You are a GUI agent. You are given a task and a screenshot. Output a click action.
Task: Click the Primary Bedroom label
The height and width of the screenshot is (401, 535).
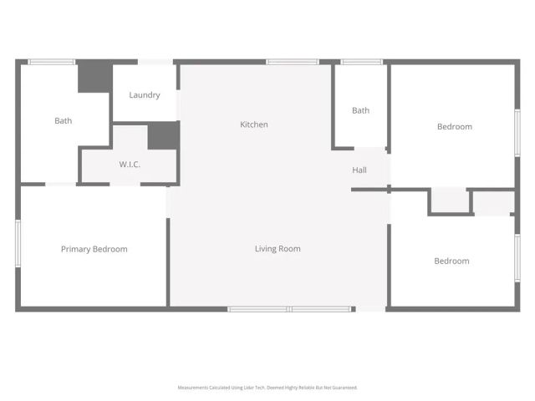[x=94, y=249]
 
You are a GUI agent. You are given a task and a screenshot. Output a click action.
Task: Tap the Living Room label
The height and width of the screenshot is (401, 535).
[x=278, y=249]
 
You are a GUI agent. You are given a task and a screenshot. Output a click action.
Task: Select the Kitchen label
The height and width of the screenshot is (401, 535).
[x=254, y=124]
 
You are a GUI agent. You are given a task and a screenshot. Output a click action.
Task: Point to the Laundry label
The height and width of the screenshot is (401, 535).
[x=145, y=95]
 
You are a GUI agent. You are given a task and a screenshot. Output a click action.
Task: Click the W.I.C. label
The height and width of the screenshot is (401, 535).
[x=130, y=165]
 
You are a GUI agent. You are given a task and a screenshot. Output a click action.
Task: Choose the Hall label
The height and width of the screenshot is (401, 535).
[x=359, y=170]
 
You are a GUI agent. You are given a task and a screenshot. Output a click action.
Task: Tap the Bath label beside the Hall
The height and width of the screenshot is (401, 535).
[x=360, y=111]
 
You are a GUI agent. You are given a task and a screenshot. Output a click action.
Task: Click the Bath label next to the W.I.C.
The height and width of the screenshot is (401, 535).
[x=64, y=121]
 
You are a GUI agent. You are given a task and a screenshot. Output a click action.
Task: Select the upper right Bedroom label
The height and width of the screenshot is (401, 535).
[x=455, y=127]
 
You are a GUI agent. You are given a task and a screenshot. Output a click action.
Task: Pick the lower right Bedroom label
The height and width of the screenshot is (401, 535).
[x=451, y=261]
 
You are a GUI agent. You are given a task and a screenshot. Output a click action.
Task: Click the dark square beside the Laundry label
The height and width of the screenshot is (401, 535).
[x=94, y=77]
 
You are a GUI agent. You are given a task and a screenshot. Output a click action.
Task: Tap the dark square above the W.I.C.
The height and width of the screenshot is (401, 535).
[x=163, y=136]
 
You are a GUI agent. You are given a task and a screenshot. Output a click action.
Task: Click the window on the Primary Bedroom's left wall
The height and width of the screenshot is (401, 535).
[x=18, y=243]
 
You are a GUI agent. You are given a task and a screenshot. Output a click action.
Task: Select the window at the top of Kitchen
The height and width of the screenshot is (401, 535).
[x=292, y=62]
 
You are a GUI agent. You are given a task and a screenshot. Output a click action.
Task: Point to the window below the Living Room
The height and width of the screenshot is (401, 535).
[x=289, y=309]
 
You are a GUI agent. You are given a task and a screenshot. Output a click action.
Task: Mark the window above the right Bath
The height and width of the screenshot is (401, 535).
[x=362, y=62]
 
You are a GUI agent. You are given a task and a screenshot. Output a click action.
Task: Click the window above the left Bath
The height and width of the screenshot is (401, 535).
[x=52, y=62]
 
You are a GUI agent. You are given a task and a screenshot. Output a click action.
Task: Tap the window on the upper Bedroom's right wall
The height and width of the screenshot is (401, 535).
[x=517, y=133]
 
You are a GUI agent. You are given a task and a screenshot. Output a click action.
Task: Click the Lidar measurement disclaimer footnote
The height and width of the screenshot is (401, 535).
[x=267, y=388]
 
